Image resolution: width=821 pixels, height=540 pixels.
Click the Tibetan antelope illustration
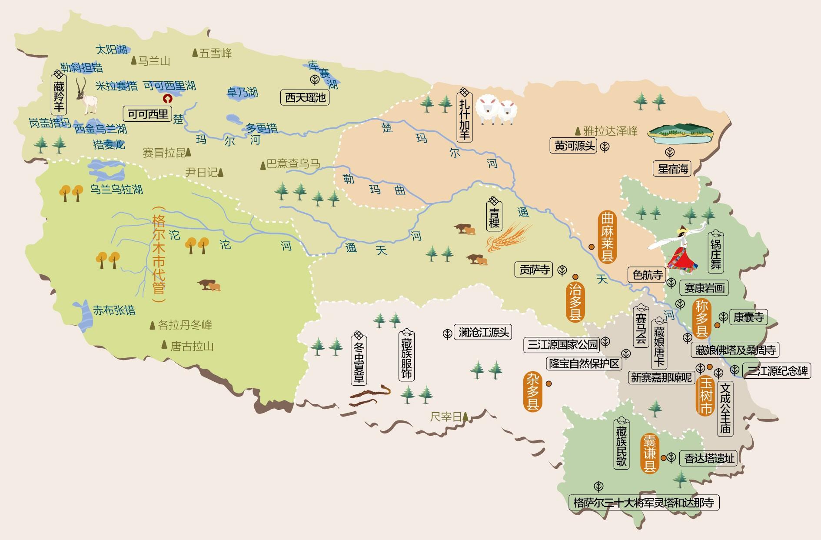(x=87, y=97)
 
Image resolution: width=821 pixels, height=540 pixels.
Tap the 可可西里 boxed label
(x=147, y=114)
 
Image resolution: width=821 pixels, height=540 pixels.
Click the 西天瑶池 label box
(x=305, y=97)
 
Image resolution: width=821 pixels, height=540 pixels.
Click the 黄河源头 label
(x=574, y=146)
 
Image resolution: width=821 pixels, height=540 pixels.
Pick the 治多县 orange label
(x=575, y=303)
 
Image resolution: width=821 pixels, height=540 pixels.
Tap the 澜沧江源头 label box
(x=483, y=333)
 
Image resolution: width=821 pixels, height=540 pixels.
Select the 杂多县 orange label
(x=532, y=391)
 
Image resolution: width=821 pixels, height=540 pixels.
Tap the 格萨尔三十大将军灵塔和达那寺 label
(x=644, y=503)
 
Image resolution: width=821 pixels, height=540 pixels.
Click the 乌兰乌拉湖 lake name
(x=116, y=190)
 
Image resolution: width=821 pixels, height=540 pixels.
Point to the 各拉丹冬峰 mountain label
(x=185, y=325)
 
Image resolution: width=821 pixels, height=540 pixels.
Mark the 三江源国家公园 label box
(x=562, y=345)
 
